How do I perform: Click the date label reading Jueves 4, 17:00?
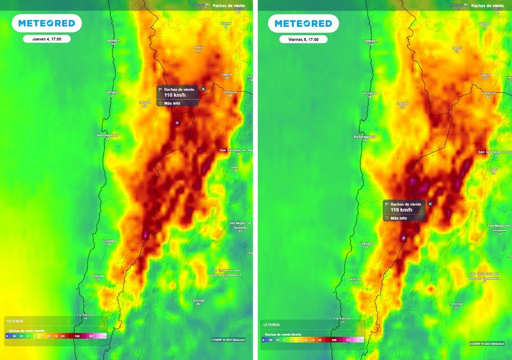pyautogui.click(x=46, y=39)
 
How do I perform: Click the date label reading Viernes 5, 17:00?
pyautogui.click(x=303, y=39)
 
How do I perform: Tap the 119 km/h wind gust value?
pyautogui.click(x=398, y=210)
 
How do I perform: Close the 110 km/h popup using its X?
pyautogui.click(x=203, y=89)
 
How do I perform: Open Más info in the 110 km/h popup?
pyautogui.click(x=171, y=103)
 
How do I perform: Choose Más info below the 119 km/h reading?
pyautogui.click(x=398, y=218)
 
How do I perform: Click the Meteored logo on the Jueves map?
pyautogui.click(x=46, y=23)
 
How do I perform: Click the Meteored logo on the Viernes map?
pyautogui.click(x=303, y=23)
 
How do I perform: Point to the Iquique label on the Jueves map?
pyautogui.click(x=113, y=40)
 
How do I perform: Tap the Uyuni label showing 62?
pyautogui.click(x=199, y=47)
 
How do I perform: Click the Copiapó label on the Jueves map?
pyautogui.click(x=108, y=240)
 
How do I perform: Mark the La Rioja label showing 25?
pyautogui.click(x=455, y=303)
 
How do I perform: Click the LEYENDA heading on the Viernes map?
pyautogui.click(x=271, y=324)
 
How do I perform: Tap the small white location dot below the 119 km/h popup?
pyautogui.click(x=403, y=238)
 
